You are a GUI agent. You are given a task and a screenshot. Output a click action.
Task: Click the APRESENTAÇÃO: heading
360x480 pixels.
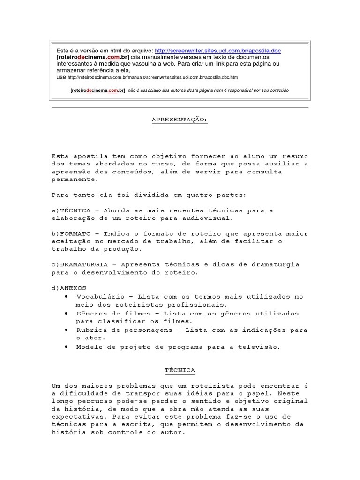click(180, 120)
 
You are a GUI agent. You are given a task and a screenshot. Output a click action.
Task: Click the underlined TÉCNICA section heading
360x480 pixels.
click(180, 370)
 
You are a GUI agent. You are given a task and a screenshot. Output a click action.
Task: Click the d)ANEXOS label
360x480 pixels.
click(69, 287)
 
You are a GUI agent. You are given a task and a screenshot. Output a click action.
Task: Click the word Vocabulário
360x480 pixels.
click(98, 297)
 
